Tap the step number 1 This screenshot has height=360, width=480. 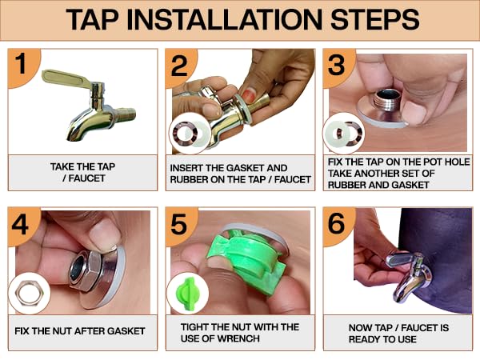click(x=21, y=64)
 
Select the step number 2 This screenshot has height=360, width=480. click(x=179, y=66)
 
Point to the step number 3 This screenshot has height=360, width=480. click(x=336, y=65)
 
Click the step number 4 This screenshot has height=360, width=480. click(x=20, y=224)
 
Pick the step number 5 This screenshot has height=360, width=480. click(x=178, y=224)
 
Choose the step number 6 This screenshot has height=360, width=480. click(x=337, y=223)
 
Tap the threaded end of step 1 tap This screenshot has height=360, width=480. click(x=126, y=113)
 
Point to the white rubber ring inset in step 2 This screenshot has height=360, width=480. click(x=198, y=134)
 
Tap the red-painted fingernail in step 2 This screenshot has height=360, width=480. click(x=248, y=95)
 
